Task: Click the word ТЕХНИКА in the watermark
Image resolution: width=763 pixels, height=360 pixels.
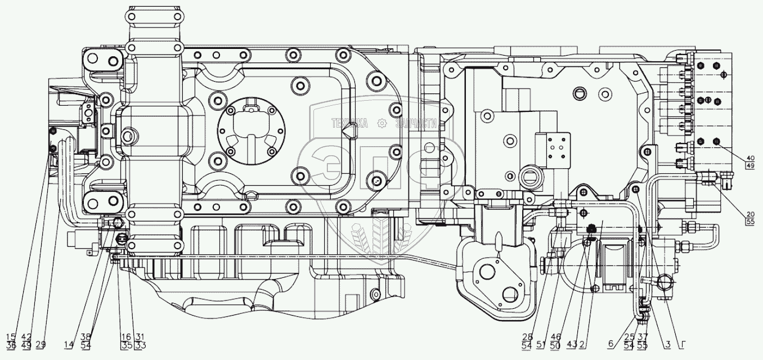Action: (349, 124)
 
